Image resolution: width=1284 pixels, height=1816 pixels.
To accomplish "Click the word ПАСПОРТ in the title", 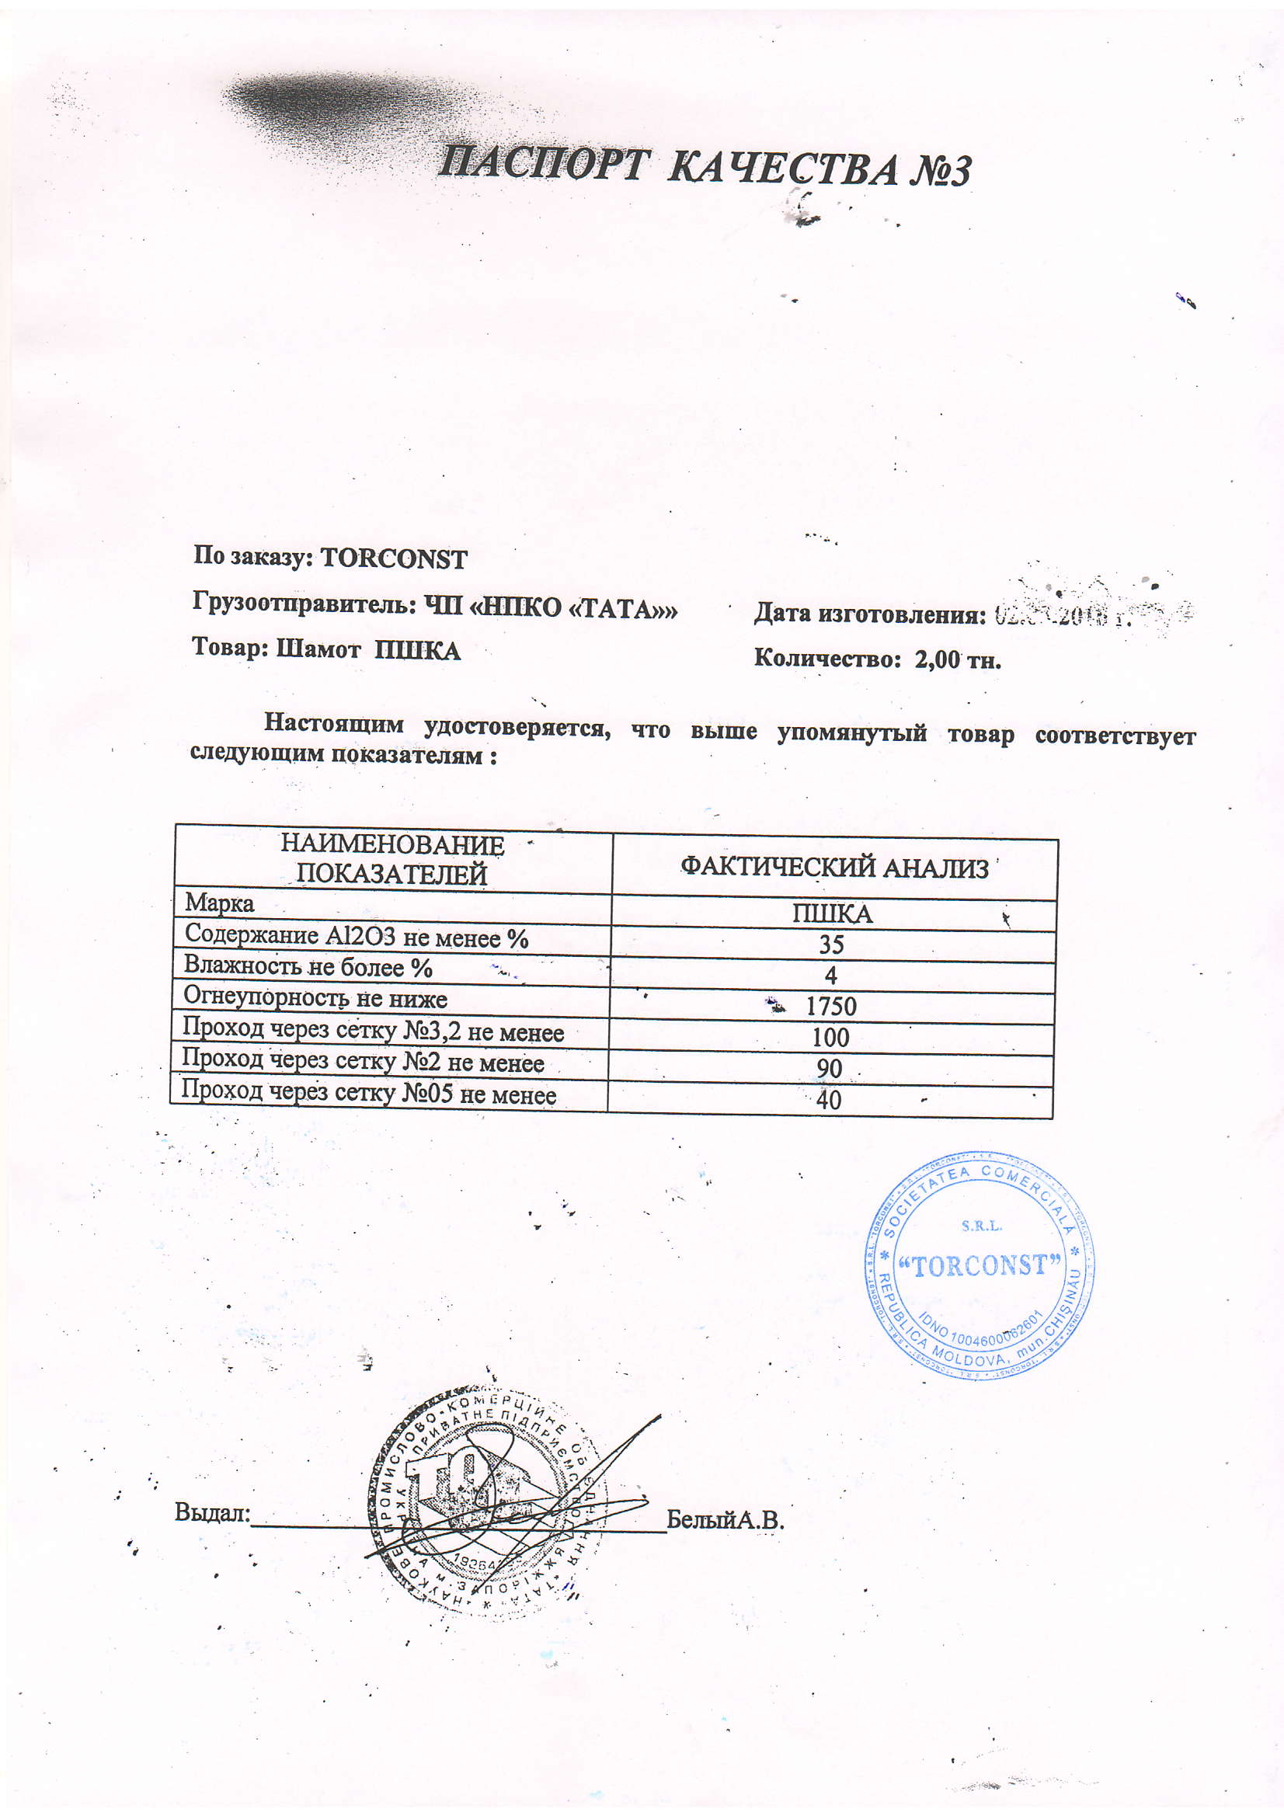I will coord(541,164).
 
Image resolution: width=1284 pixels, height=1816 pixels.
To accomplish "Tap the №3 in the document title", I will coord(939,172).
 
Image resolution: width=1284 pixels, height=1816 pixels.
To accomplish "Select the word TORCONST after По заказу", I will coord(393,559).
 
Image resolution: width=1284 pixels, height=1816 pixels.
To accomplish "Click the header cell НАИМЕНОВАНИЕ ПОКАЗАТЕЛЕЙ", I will coord(392,860).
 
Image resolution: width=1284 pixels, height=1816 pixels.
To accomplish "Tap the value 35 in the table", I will coord(831,945).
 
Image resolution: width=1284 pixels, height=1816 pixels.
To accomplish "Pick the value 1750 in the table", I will coord(830,1007).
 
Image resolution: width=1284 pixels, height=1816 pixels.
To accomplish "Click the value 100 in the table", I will coord(830,1038).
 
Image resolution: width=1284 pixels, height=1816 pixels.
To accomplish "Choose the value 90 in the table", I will coord(829,1069).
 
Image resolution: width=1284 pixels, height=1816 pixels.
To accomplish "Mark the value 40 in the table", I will coord(828,1099).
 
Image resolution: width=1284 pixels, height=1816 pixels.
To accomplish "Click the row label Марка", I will coord(219,903).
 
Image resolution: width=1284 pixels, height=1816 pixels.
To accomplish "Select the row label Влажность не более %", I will coord(308,966).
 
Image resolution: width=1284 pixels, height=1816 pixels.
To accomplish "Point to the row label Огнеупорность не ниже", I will coord(315,997).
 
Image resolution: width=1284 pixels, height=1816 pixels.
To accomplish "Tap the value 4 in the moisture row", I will coord(830,976).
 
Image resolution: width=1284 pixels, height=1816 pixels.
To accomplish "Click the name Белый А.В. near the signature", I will coord(725,1519).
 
